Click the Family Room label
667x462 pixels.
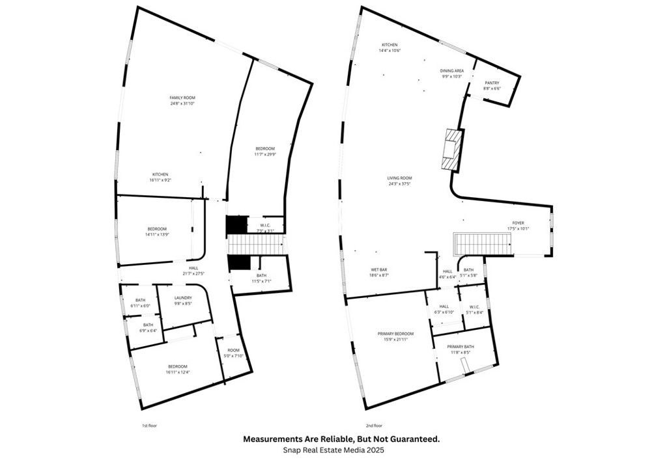182,98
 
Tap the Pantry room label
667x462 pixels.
492,83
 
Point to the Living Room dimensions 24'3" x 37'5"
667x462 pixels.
401,183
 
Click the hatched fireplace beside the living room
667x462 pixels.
451,149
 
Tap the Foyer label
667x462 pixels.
518,223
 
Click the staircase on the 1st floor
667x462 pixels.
256,245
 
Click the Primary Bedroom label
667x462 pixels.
395,334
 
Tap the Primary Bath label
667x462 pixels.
460,347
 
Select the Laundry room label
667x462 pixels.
182,298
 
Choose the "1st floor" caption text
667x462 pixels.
149,425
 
